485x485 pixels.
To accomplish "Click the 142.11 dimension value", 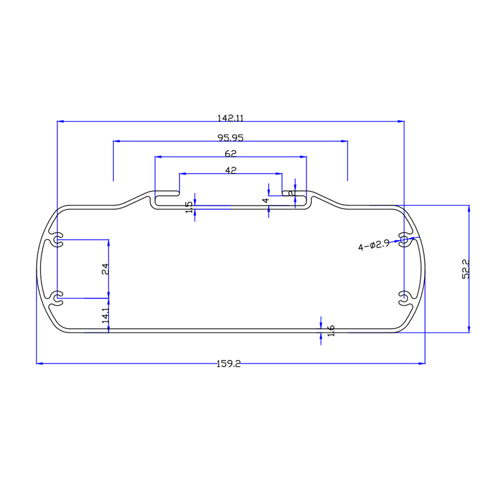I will [230, 118].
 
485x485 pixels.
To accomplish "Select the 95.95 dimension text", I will [230, 137].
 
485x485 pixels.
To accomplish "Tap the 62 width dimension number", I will [230, 153].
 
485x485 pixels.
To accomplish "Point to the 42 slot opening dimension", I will [230, 170].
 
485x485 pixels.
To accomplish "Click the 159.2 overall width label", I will [229, 364].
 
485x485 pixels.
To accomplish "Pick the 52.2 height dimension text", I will [466, 268].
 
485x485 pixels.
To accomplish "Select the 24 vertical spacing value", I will [105, 268].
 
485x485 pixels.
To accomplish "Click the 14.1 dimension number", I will [105, 315].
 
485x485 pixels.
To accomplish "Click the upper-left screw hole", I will [58, 240].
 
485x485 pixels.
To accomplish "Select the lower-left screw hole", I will [58, 297].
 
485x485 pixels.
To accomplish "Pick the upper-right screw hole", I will [404, 240].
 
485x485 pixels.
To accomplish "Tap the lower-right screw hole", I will [404, 297].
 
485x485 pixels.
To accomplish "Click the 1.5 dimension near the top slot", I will [189, 208].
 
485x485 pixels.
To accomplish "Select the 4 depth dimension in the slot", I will [265, 200].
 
